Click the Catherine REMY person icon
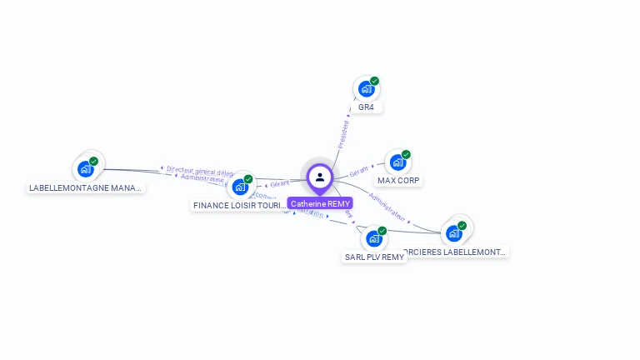coord(320,177)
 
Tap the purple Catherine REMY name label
coord(320,203)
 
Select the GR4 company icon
coord(365,89)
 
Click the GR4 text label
coord(366,107)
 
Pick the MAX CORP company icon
coord(397,162)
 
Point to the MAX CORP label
coord(399,180)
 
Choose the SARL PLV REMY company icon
coord(373,238)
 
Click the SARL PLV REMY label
coord(374,257)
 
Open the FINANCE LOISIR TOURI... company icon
coord(240,187)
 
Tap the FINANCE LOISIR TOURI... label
coord(240,205)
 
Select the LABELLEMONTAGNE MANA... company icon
coord(85,169)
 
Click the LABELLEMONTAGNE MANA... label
coord(86,187)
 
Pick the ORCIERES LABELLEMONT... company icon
coord(454,233)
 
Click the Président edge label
coord(342,135)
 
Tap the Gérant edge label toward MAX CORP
coord(359,171)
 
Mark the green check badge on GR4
coord(375,81)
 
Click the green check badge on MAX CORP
coord(406,154)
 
